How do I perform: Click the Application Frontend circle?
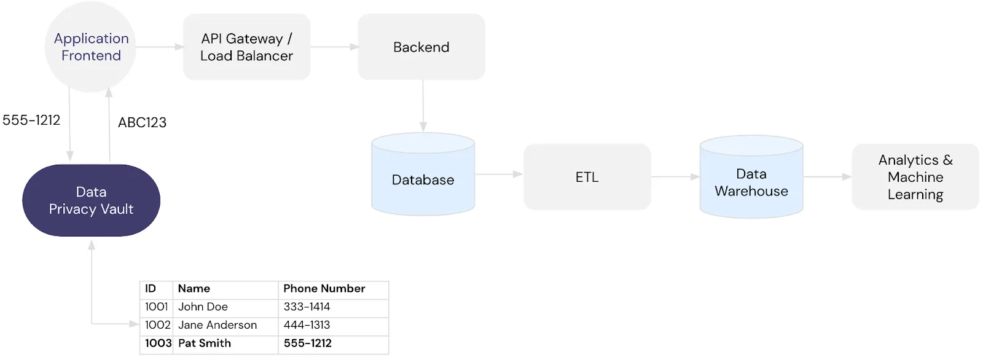(90, 47)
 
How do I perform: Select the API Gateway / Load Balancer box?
(246, 47)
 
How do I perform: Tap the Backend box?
(421, 47)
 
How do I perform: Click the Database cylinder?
(423, 179)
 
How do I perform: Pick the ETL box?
(587, 177)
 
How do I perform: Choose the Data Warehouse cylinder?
(751, 182)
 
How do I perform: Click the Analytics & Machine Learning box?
(915, 177)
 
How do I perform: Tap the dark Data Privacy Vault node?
(91, 200)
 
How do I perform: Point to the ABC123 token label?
(142, 123)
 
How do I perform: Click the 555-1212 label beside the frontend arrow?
(31, 120)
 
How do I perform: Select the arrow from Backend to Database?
(423, 106)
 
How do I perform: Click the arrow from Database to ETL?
(498, 174)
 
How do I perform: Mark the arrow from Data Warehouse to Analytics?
(827, 177)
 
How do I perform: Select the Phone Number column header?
(324, 289)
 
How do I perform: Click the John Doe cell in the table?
(203, 307)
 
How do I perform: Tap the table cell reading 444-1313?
(307, 325)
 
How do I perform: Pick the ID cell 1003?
(158, 343)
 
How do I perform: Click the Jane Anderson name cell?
(217, 325)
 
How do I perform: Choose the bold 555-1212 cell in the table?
(307, 343)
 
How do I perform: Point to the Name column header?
(194, 289)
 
